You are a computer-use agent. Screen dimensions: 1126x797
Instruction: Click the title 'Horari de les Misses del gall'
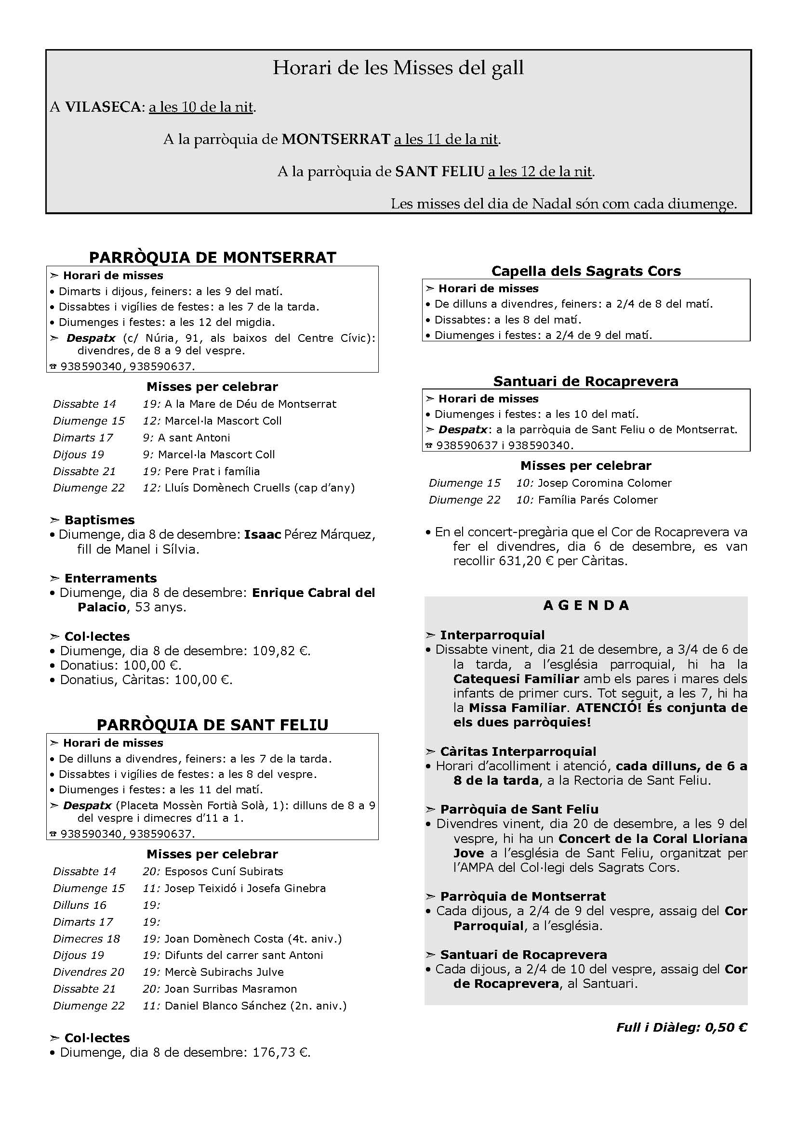coord(398,68)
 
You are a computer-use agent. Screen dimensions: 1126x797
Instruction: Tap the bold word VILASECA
coord(103,107)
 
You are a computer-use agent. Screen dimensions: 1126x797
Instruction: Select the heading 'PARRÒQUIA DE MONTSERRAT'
coord(213,258)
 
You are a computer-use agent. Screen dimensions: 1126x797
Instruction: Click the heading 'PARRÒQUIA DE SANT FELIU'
coord(213,725)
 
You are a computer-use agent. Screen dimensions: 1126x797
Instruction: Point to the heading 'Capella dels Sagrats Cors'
coord(586,271)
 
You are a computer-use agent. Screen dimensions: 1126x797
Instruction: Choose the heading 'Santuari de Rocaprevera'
coord(586,381)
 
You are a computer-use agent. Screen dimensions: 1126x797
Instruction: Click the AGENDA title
coord(586,605)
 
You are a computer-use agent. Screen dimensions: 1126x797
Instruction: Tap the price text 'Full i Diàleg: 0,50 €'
coord(682,1027)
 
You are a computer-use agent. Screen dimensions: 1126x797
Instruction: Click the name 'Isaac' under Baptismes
coord(263,534)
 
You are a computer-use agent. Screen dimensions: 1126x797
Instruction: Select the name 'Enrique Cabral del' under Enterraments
coord(313,593)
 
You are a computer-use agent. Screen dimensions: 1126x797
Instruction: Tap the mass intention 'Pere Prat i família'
coord(212,471)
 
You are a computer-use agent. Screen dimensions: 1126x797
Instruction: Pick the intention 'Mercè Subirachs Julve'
coord(224,972)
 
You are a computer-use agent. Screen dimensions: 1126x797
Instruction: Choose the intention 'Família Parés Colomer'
coord(597,500)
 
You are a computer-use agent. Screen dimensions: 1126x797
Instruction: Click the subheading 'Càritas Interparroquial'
coord(518,751)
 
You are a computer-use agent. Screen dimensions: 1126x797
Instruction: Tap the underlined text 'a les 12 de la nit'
coord(540,172)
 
